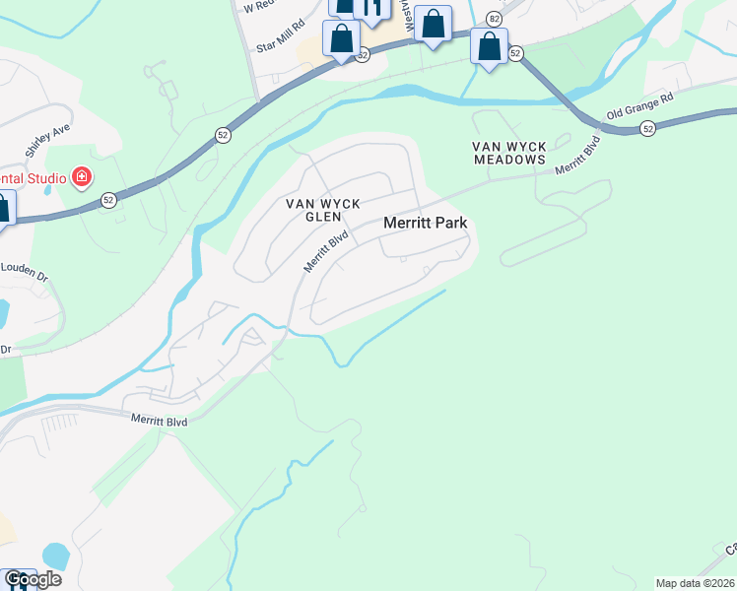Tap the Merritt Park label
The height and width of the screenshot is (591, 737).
point(425,224)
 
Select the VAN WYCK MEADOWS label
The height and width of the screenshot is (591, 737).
point(509,153)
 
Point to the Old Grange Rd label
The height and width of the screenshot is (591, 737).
point(639,106)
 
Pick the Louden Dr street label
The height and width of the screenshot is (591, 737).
point(24,269)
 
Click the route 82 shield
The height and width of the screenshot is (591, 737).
point(495,19)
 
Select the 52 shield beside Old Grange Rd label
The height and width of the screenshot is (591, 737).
point(647,128)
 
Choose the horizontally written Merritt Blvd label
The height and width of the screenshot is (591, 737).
point(159,420)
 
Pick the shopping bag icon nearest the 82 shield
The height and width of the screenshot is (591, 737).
point(489,45)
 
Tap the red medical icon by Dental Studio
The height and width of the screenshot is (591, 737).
point(82,178)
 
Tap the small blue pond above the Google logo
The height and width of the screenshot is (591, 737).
point(56,557)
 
